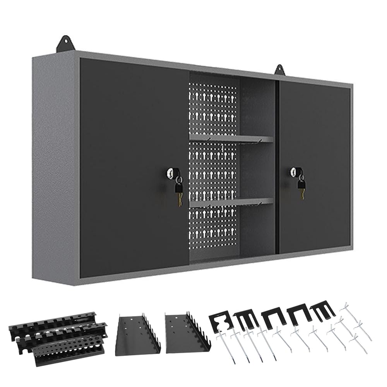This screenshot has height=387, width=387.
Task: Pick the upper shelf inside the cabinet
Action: (x=231, y=139)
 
